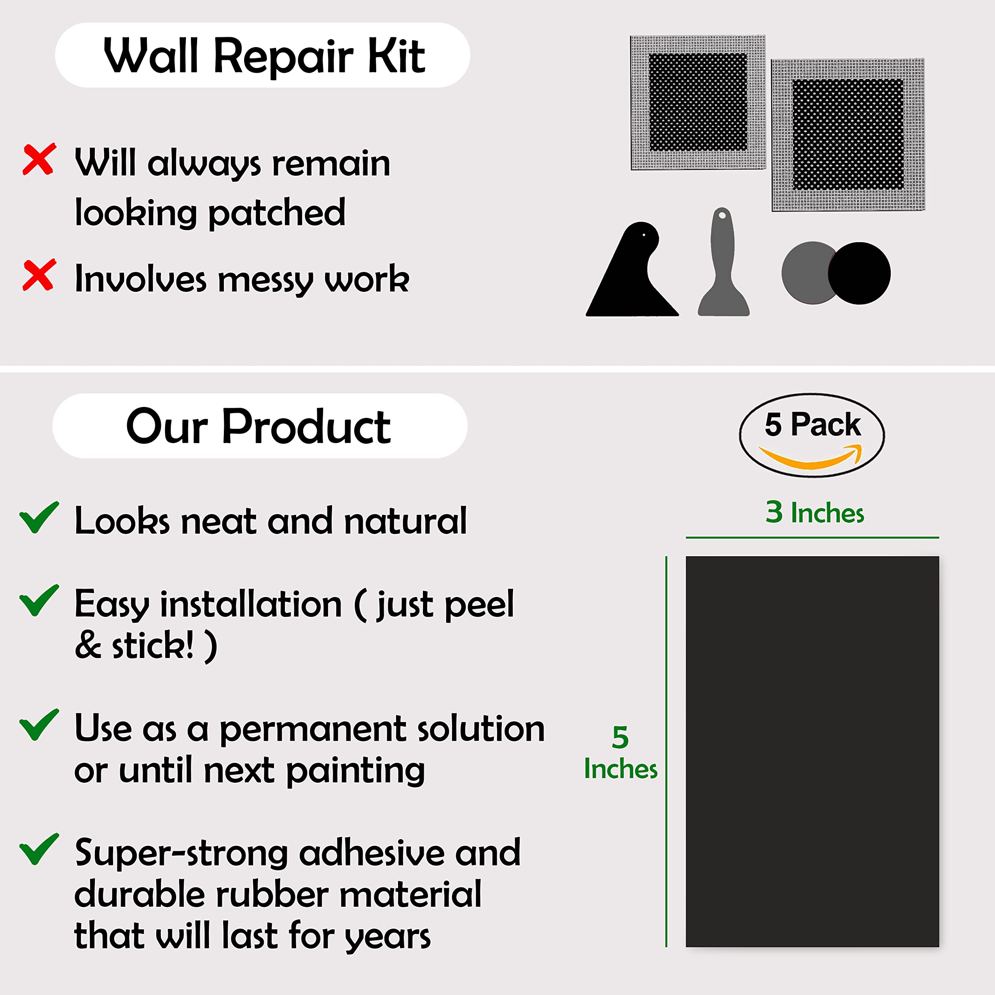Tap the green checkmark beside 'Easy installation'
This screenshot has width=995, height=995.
pos(38,600)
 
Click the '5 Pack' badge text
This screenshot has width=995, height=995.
pos(812,425)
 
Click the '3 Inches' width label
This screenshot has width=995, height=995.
pos(814,512)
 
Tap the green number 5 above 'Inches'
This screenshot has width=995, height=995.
pos(620,737)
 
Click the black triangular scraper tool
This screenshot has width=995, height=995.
pos(631,278)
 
